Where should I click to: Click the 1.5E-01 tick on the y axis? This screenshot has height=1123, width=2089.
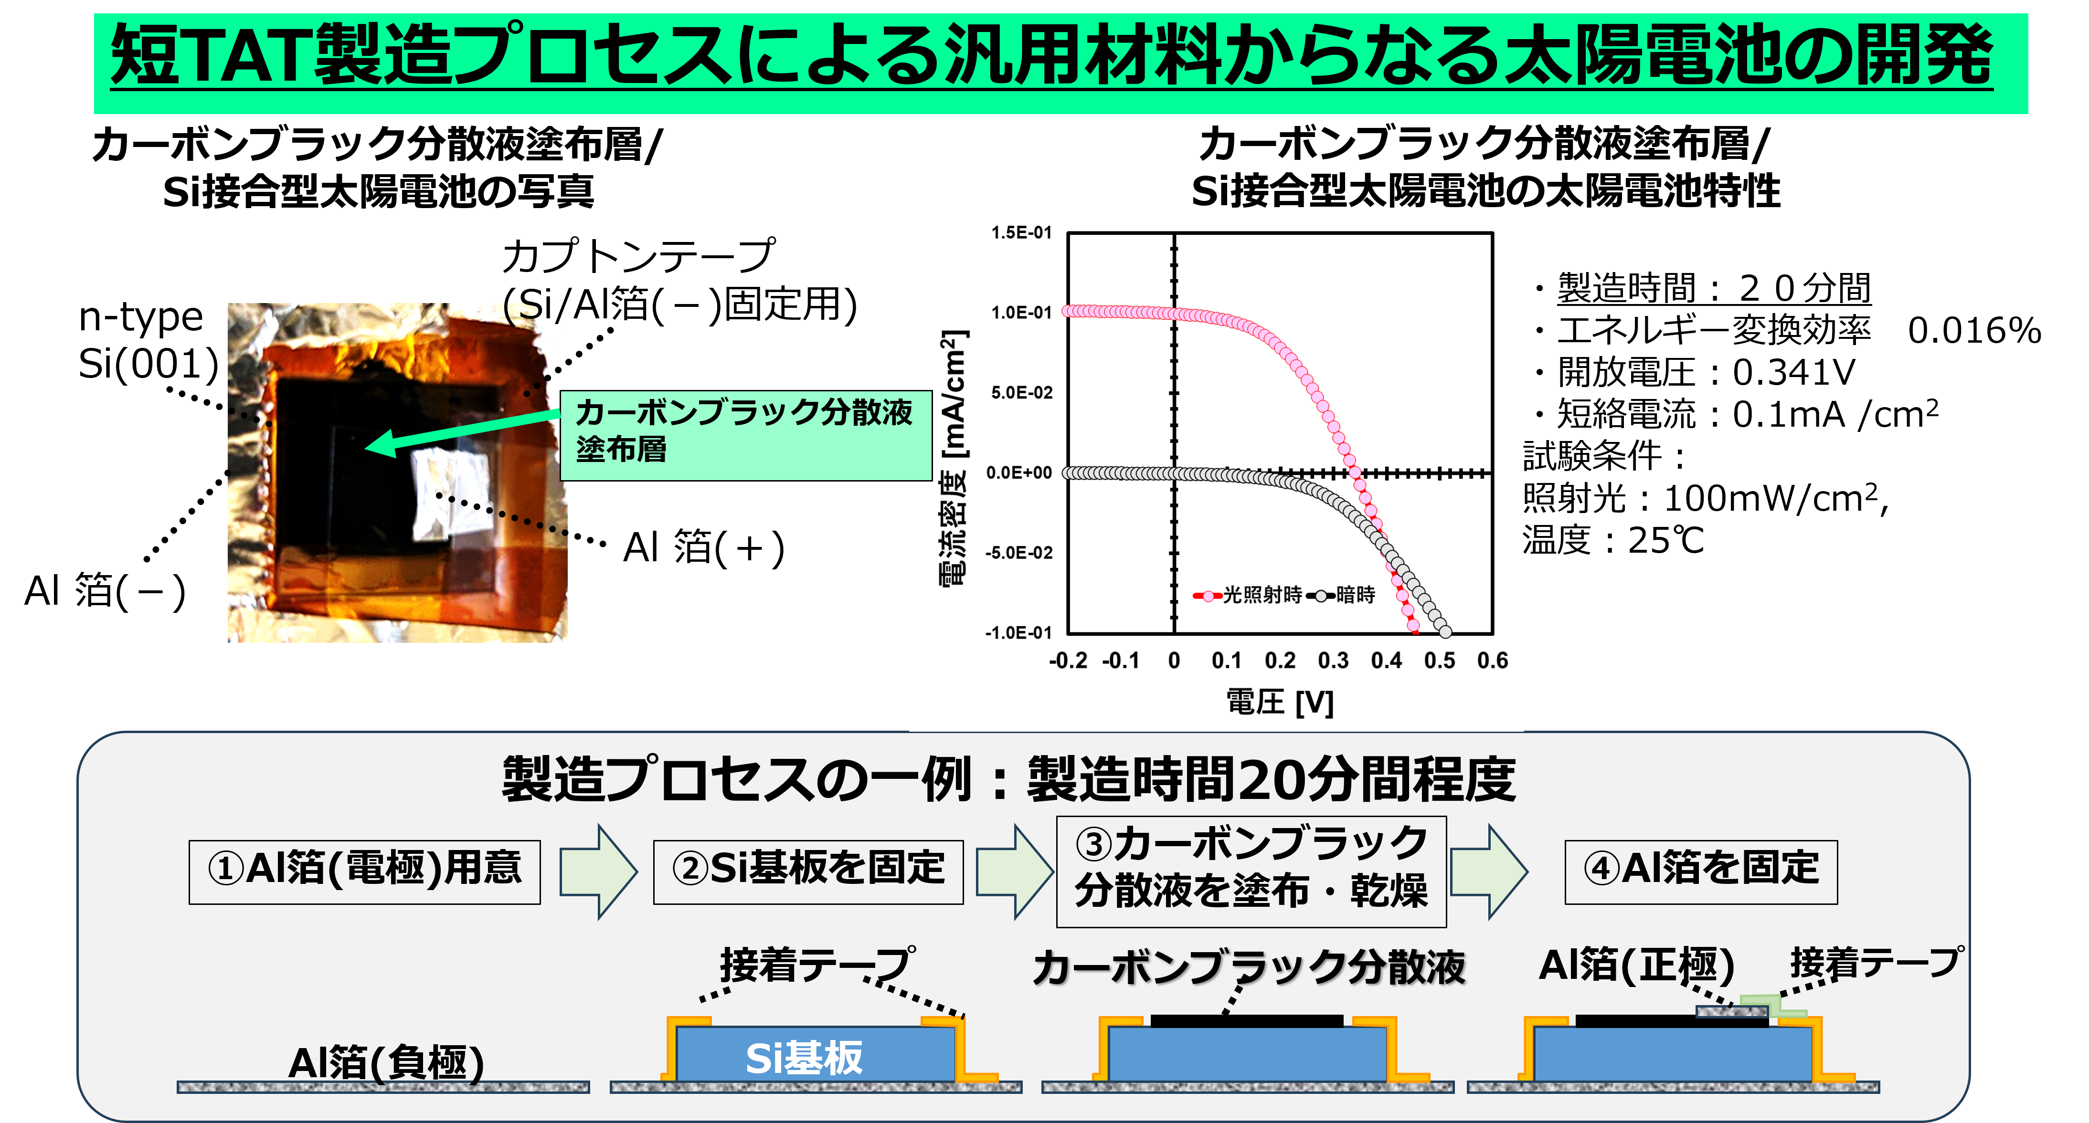tap(1021, 233)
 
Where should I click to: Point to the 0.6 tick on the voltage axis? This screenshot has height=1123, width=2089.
tap(1492, 661)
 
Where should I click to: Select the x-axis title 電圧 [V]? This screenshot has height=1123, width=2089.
tap(1280, 702)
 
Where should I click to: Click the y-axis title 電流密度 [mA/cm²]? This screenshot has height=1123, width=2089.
tap(954, 458)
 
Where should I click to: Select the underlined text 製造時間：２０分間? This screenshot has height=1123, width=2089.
tap(1714, 289)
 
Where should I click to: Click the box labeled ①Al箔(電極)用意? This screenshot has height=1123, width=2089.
tap(364, 871)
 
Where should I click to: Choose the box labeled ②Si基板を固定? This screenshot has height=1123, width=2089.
tap(808, 871)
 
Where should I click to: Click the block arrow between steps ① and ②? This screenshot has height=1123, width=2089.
tap(598, 871)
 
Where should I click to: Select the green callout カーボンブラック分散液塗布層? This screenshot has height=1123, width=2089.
tap(746, 435)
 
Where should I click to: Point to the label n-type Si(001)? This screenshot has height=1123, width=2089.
tap(148, 341)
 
